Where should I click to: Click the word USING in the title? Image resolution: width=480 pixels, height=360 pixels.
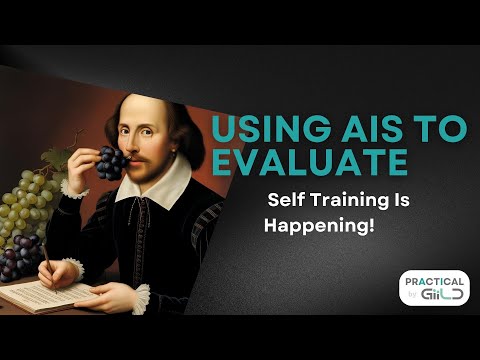pyautogui.click(x=264, y=130)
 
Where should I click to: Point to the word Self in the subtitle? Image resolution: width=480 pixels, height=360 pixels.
pyautogui.click(x=284, y=199)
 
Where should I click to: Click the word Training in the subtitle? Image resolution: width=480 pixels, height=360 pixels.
pyautogui.click(x=346, y=199)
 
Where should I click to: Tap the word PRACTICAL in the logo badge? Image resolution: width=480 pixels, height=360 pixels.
pyautogui.click(x=434, y=282)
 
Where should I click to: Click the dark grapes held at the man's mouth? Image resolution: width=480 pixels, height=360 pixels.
pyautogui.click(x=110, y=161)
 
